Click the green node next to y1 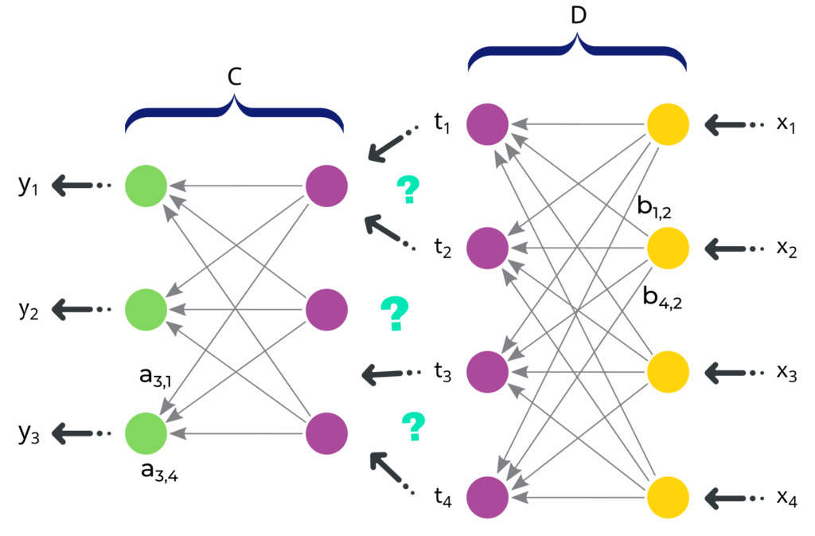coord(146,186)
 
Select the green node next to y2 coord(146,308)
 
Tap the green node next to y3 coord(146,432)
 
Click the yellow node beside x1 coord(668,125)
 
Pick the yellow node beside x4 coord(668,499)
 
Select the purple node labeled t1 coord(488,125)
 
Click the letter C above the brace coord(234,76)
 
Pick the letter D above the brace coord(578,18)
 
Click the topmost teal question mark coord(407,190)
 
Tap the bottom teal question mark coord(412,427)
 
